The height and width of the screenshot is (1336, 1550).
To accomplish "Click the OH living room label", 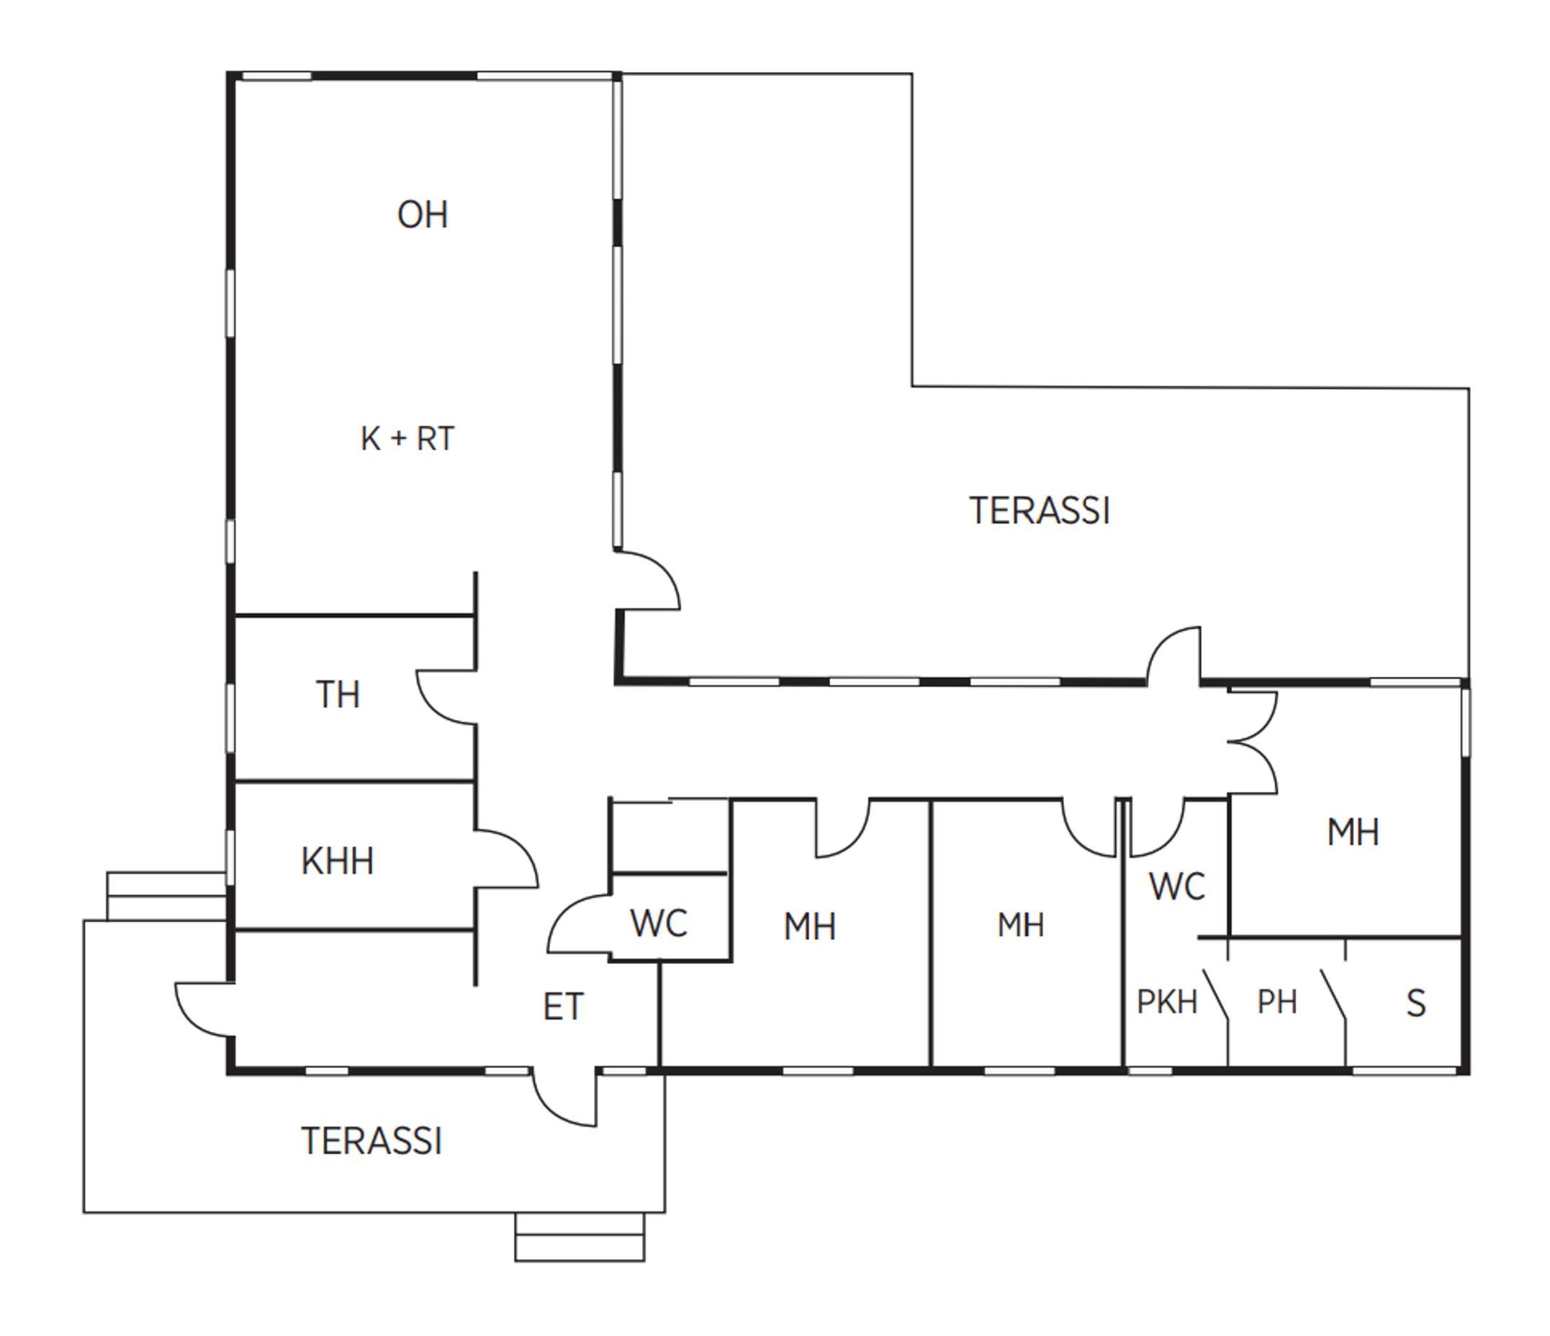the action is tap(423, 215).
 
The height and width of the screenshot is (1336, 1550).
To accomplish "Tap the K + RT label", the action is tap(407, 439).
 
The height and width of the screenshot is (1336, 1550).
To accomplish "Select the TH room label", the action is tap(338, 694).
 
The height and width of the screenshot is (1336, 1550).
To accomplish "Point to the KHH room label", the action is tap(338, 861).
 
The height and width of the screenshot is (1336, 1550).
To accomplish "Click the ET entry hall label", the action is tap(563, 1007).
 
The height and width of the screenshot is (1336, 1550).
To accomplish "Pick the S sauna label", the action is tap(1416, 1004).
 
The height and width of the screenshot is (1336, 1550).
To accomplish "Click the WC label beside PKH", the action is tap(1178, 886).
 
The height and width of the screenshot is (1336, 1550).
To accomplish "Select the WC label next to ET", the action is tap(659, 923).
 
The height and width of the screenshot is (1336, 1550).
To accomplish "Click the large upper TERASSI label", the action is tap(1040, 512).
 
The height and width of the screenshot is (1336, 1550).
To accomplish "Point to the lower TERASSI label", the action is tap(371, 1142).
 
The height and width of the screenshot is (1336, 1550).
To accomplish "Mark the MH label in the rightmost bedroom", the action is tap(1353, 833).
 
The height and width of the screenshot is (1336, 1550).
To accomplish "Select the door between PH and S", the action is tap(1333, 995).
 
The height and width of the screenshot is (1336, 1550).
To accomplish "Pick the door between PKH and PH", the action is tap(1216, 995).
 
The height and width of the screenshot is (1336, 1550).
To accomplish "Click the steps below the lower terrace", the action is tap(580, 1237).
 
